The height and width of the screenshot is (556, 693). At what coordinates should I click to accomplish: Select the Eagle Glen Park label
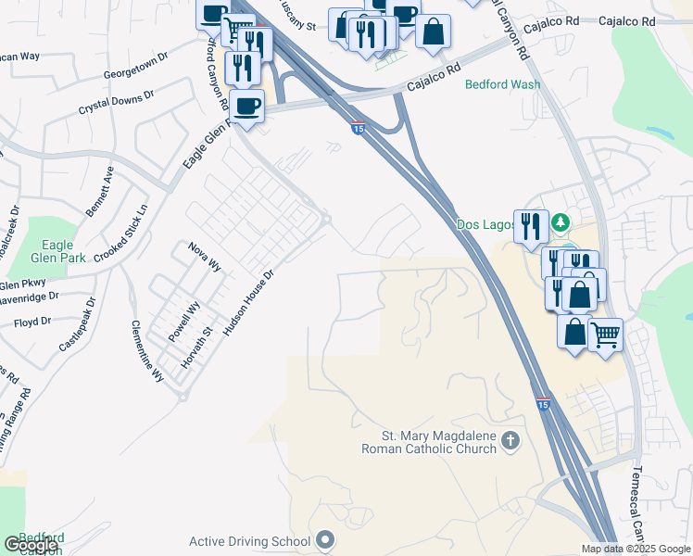point(57,251)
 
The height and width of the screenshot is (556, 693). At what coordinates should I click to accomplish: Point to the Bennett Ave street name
point(100,192)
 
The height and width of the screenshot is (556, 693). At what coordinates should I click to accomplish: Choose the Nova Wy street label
point(205,255)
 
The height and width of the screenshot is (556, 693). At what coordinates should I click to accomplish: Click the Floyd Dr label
point(32,322)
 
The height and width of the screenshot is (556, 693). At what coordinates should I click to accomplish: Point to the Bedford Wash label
point(502,84)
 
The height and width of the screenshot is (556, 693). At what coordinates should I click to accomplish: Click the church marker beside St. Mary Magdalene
point(510,441)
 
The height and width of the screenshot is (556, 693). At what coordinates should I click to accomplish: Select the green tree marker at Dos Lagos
point(561,223)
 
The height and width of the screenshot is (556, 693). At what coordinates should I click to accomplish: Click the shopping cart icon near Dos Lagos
point(606,334)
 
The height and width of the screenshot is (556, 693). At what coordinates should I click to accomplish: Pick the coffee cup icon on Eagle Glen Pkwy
point(246,106)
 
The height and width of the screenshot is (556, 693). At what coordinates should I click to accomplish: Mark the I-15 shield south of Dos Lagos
point(544,404)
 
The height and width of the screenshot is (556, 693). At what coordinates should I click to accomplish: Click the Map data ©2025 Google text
point(636,549)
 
